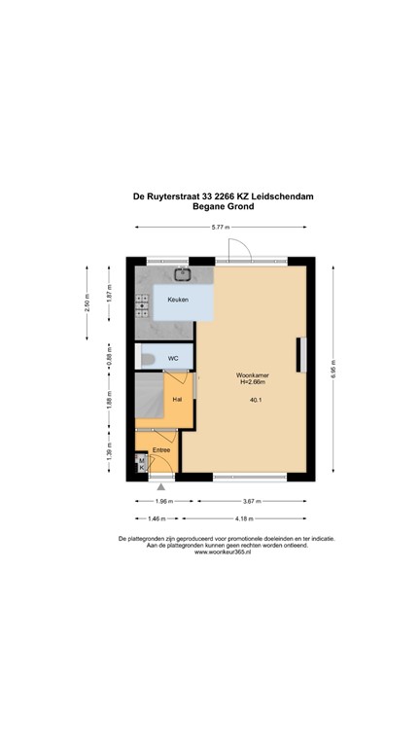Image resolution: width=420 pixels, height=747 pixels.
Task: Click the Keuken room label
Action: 177,300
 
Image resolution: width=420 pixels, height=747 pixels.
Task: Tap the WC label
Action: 173,359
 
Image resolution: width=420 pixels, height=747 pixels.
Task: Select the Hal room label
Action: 178,400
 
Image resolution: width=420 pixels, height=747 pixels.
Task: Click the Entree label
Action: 161,449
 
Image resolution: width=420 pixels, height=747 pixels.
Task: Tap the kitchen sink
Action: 182,274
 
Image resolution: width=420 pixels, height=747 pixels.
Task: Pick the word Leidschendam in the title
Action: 279,196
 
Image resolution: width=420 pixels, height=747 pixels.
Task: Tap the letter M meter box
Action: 141,461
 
